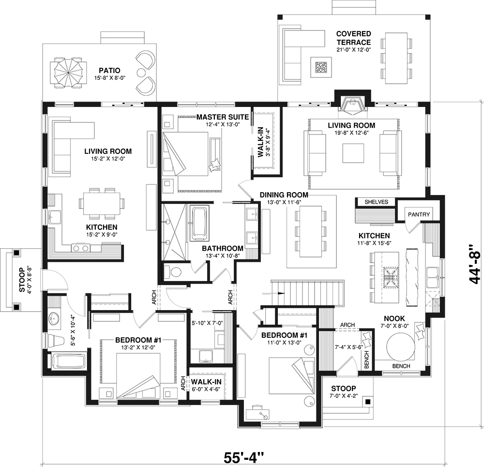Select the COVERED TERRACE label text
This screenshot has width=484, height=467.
[x=353, y=38]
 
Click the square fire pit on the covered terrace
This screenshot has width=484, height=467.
[x=320, y=67]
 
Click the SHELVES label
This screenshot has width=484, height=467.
[x=376, y=202]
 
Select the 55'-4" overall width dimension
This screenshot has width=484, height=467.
[x=244, y=457]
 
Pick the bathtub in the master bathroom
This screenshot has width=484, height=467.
[x=199, y=223]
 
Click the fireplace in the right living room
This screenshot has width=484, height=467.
[x=353, y=104]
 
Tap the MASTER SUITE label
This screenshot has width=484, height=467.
[x=223, y=117]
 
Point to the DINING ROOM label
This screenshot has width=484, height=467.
[x=284, y=195]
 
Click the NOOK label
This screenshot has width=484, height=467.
[x=395, y=318]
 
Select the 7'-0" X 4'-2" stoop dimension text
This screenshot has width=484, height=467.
[x=344, y=396]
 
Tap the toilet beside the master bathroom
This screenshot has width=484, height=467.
[x=173, y=272]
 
